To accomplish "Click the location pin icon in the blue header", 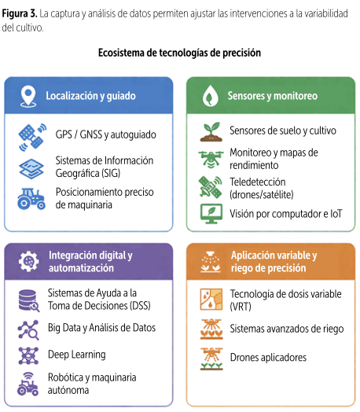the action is [x=28, y=96].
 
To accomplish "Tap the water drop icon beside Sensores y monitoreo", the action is [x=211, y=96].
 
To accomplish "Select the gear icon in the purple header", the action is [x=28, y=261].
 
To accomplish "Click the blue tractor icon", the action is [x=31, y=199].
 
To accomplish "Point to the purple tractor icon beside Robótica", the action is [x=28, y=384].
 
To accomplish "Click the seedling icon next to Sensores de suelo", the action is [x=211, y=131].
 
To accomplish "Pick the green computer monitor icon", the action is [x=211, y=214].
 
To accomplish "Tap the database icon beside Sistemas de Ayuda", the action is [x=29, y=300].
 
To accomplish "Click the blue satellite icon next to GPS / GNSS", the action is [x=32, y=137].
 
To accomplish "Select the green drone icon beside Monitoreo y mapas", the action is [x=211, y=160].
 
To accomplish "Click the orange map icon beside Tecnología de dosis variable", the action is [x=211, y=300].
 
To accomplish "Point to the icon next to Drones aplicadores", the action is [x=211, y=359].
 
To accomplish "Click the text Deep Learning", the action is [x=77, y=355].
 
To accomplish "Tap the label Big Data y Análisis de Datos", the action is [x=101, y=328].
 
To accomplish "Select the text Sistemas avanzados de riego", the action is [x=287, y=329].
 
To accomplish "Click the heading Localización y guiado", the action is [x=91, y=96].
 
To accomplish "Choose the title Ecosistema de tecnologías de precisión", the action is [x=179, y=53].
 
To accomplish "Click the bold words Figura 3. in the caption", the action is [x=20, y=13].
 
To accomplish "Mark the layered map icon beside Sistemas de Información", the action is [x=31, y=169].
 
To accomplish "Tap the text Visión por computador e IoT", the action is [x=286, y=214].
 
